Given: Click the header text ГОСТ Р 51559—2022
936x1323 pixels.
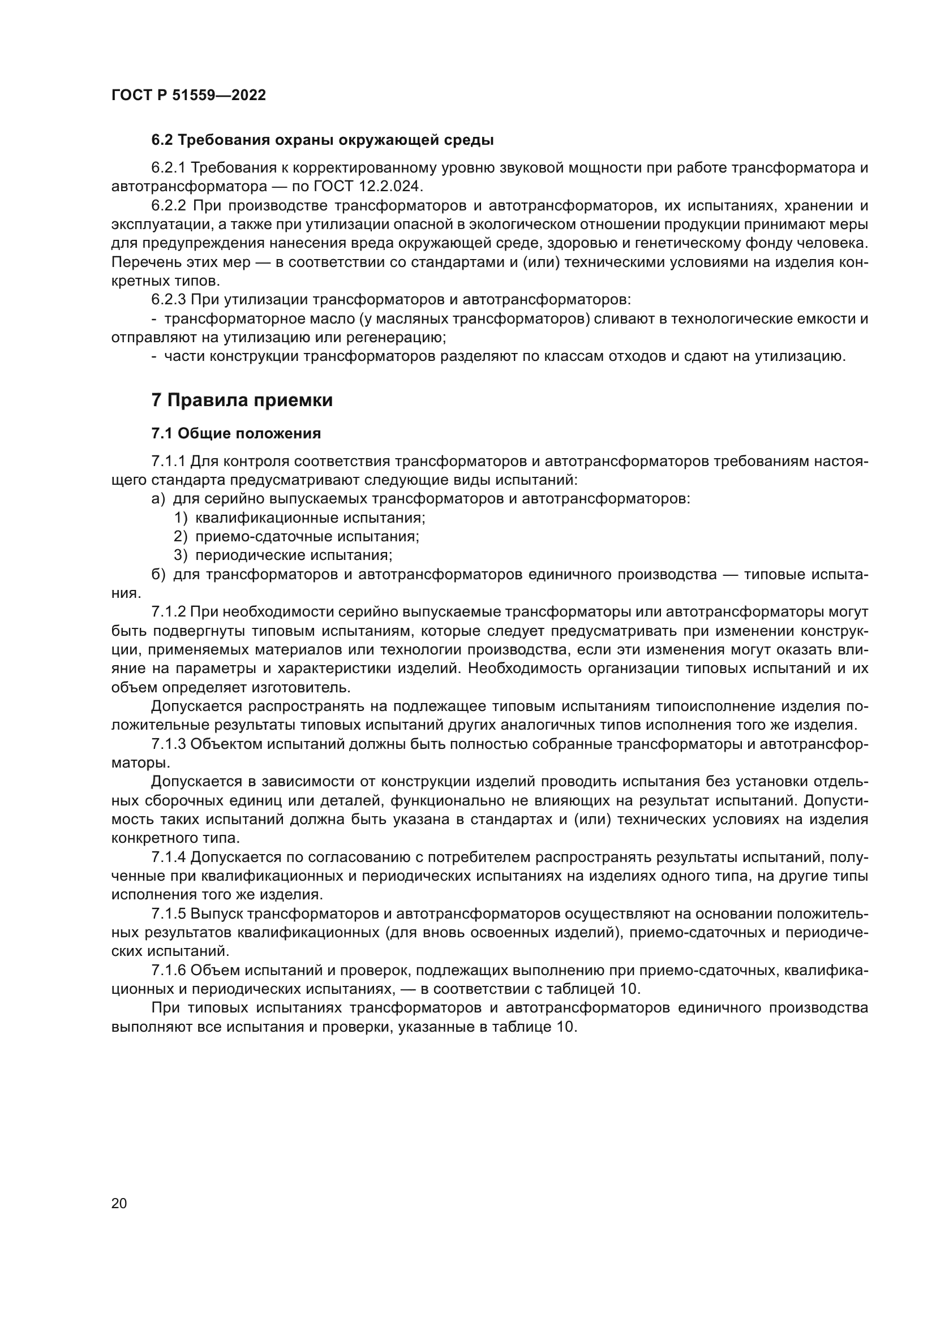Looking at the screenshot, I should point(188,96).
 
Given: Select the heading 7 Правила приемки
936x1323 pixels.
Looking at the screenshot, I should point(242,400).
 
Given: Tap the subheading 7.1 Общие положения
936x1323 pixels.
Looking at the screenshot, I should point(236,433).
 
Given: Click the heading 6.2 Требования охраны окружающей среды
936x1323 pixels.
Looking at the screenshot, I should point(322,140).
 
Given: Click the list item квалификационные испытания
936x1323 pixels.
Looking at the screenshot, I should point(310,518).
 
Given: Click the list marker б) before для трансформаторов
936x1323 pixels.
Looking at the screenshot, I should point(158,575).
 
